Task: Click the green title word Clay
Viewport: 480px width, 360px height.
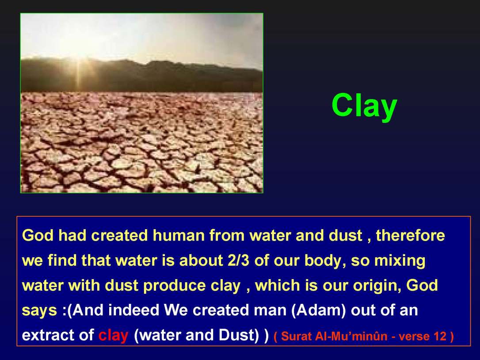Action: tap(364, 107)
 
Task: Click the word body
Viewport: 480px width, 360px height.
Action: tap(324, 261)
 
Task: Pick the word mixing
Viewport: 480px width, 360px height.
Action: tap(400, 261)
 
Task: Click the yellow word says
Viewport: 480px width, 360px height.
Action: tap(39, 311)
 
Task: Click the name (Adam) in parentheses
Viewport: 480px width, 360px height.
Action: tap(318, 310)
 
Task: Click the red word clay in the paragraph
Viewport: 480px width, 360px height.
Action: tap(113, 336)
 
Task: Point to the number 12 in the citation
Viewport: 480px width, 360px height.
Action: tap(440, 337)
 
